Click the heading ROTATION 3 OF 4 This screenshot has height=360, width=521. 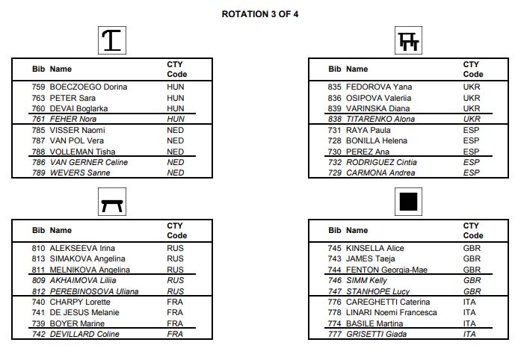click(260, 13)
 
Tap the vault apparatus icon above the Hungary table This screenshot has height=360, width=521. click(112, 40)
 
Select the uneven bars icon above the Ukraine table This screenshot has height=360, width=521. click(408, 40)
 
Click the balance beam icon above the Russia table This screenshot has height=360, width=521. click(112, 201)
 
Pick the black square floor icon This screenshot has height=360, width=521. click(408, 201)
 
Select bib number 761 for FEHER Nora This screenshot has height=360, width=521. click(39, 120)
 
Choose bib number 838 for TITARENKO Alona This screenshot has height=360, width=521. click(335, 120)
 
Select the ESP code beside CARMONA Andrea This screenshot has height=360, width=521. click(471, 173)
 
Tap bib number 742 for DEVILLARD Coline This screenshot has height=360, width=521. click(39, 335)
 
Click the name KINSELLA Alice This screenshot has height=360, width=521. click(374, 249)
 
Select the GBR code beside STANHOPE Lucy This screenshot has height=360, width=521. click(472, 291)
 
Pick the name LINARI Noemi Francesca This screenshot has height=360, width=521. click(390, 313)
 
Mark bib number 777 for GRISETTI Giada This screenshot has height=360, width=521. click(335, 335)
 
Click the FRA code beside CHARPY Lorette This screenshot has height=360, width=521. click(175, 302)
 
